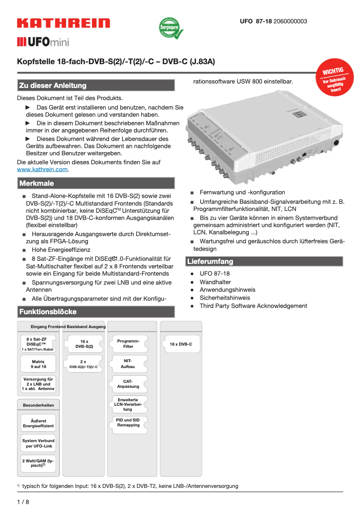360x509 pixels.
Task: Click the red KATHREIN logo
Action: click(63, 23)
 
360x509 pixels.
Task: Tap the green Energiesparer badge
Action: click(169, 28)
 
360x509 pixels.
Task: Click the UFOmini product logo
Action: click(43, 43)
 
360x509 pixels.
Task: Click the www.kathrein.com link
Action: click(42, 170)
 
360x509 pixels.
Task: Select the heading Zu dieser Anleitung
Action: click(52, 85)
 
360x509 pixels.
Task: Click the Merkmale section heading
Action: click(36, 183)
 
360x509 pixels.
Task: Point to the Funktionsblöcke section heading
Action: click(48, 312)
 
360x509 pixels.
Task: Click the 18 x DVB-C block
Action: click(181, 344)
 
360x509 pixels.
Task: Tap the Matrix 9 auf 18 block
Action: click(38, 364)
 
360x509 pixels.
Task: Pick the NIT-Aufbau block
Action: click(128, 364)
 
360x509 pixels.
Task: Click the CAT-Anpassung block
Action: click(128, 383)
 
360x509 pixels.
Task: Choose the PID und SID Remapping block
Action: click(128, 422)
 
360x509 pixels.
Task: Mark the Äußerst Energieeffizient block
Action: click(38, 423)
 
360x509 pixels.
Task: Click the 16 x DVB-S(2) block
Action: click(84, 344)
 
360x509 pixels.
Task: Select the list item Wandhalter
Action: click(215, 282)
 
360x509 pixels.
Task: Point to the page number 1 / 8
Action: click(23, 502)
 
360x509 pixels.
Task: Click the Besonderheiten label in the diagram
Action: click(38, 405)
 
